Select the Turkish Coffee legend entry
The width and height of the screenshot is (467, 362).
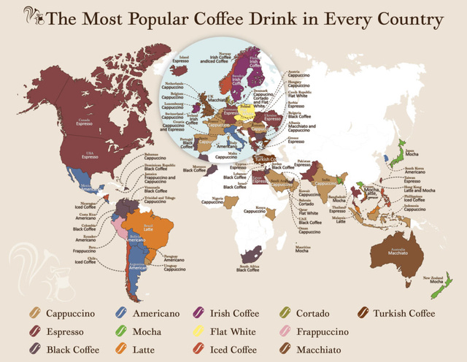pos(404,314)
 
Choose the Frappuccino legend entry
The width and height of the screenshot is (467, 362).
pos(321,332)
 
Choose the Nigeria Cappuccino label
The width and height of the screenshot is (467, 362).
pos(212,200)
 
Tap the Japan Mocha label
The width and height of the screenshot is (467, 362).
pos(410,153)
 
